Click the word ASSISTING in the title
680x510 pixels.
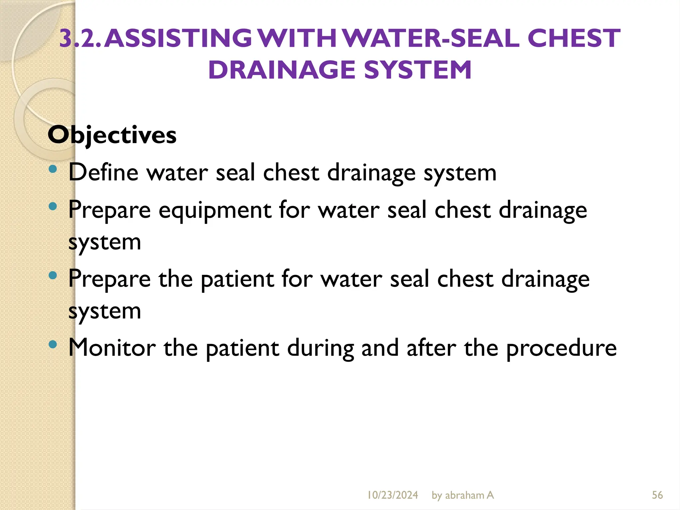[x=179, y=38]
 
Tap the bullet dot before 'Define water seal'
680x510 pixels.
[x=53, y=170]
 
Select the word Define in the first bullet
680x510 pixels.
[x=103, y=172]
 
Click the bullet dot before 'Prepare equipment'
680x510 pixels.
[x=53, y=207]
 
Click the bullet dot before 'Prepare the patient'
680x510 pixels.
[x=53, y=276]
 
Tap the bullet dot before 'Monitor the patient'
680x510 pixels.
[x=53, y=344]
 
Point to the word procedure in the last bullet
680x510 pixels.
[x=561, y=349]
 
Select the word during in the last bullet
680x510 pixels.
[x=320, y=348]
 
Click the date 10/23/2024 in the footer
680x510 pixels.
[x=392, y=495]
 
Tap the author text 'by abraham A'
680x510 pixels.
[x=463, y=495]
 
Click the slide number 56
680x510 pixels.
[x=657, y=495]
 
